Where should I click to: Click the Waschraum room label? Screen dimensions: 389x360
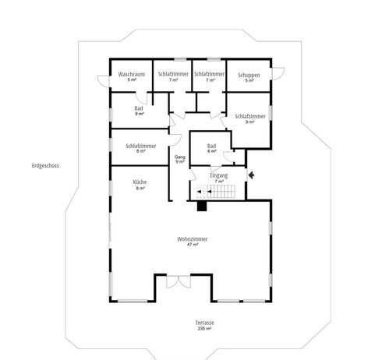tap(132, 74)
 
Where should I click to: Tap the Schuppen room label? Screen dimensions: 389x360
tap(249, 76)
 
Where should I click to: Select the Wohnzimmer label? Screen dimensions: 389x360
tap(193, 239)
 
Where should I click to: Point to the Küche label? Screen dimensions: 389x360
tap(140, 182)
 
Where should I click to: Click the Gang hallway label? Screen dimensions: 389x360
tap(180, 157)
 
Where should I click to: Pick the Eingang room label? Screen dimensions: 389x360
tap(219, 175)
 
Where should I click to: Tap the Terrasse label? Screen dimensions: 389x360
tap(205, 323)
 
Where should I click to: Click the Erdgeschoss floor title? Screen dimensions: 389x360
tap(45, 166)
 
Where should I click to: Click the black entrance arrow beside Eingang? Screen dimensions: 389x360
tap(251, 175)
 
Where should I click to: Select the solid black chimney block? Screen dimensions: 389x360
tap(202, 206)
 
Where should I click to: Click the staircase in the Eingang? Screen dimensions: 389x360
tap(216, 192)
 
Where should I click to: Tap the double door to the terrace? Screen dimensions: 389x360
tap(179, 282)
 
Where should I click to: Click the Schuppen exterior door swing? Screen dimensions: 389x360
tap(278, 73)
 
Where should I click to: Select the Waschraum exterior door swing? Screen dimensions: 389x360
tap(104, 81)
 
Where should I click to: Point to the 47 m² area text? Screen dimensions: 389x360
tap(193, 245)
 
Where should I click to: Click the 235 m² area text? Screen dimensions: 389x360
tap(204, 329)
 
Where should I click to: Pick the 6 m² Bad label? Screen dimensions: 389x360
tap(212, 149)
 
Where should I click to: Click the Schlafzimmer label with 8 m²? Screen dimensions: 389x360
tap(141, 148)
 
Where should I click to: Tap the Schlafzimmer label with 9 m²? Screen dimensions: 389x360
tap(250, 119)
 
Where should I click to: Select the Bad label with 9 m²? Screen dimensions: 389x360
tap(139, 111)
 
